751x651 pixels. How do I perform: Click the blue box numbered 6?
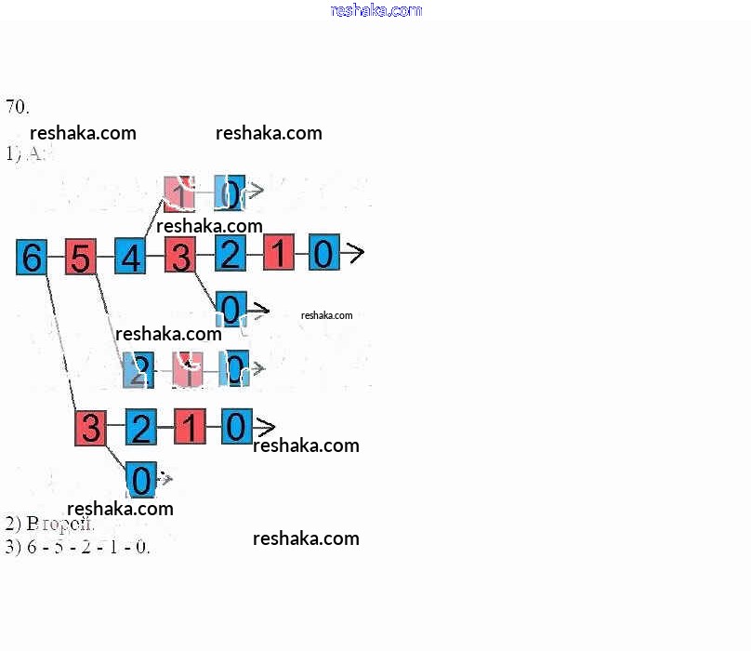pyautogui.click(x=32, y=257)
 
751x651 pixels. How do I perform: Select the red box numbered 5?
pyautogui.click(x=81, y=258)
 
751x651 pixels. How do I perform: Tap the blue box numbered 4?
pyautogui.click(x=130, y=257)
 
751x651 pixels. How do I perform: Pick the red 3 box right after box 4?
pyautogui.click(x=180, y=256)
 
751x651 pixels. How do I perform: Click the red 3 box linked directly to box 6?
pyautogui.click(x=90, y=429)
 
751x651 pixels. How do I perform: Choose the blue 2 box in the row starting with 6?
pyautogui.click(x=231, y=253)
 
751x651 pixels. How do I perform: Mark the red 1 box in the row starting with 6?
pyautogui.click(x=279, y=253)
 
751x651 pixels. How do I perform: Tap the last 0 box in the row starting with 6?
pyautogui.click(x=323, y=252)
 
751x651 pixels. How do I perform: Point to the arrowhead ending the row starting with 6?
pyautogui.click(x=354, y=252)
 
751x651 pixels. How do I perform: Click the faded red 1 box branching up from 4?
pyautogui.click(x=178, y=192)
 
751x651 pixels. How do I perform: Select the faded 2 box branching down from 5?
pyautogui.click(x=138, y=370)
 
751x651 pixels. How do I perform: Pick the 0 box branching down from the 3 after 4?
pyautogui.click(x=231, y=309)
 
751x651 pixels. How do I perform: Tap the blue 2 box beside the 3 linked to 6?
pyautogui.click(x=140, y=428)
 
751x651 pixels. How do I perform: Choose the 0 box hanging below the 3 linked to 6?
pyautogui.click(x=140, y=480)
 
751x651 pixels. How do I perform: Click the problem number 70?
pyautogui.click(x=17, y=106)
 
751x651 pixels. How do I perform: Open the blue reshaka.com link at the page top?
pyautogui.click(x=375, y=10)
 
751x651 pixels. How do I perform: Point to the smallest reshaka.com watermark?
pyautogui.click(x=326, y=315)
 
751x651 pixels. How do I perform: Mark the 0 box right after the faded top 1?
pyautogui.click(x=230, y=192)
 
